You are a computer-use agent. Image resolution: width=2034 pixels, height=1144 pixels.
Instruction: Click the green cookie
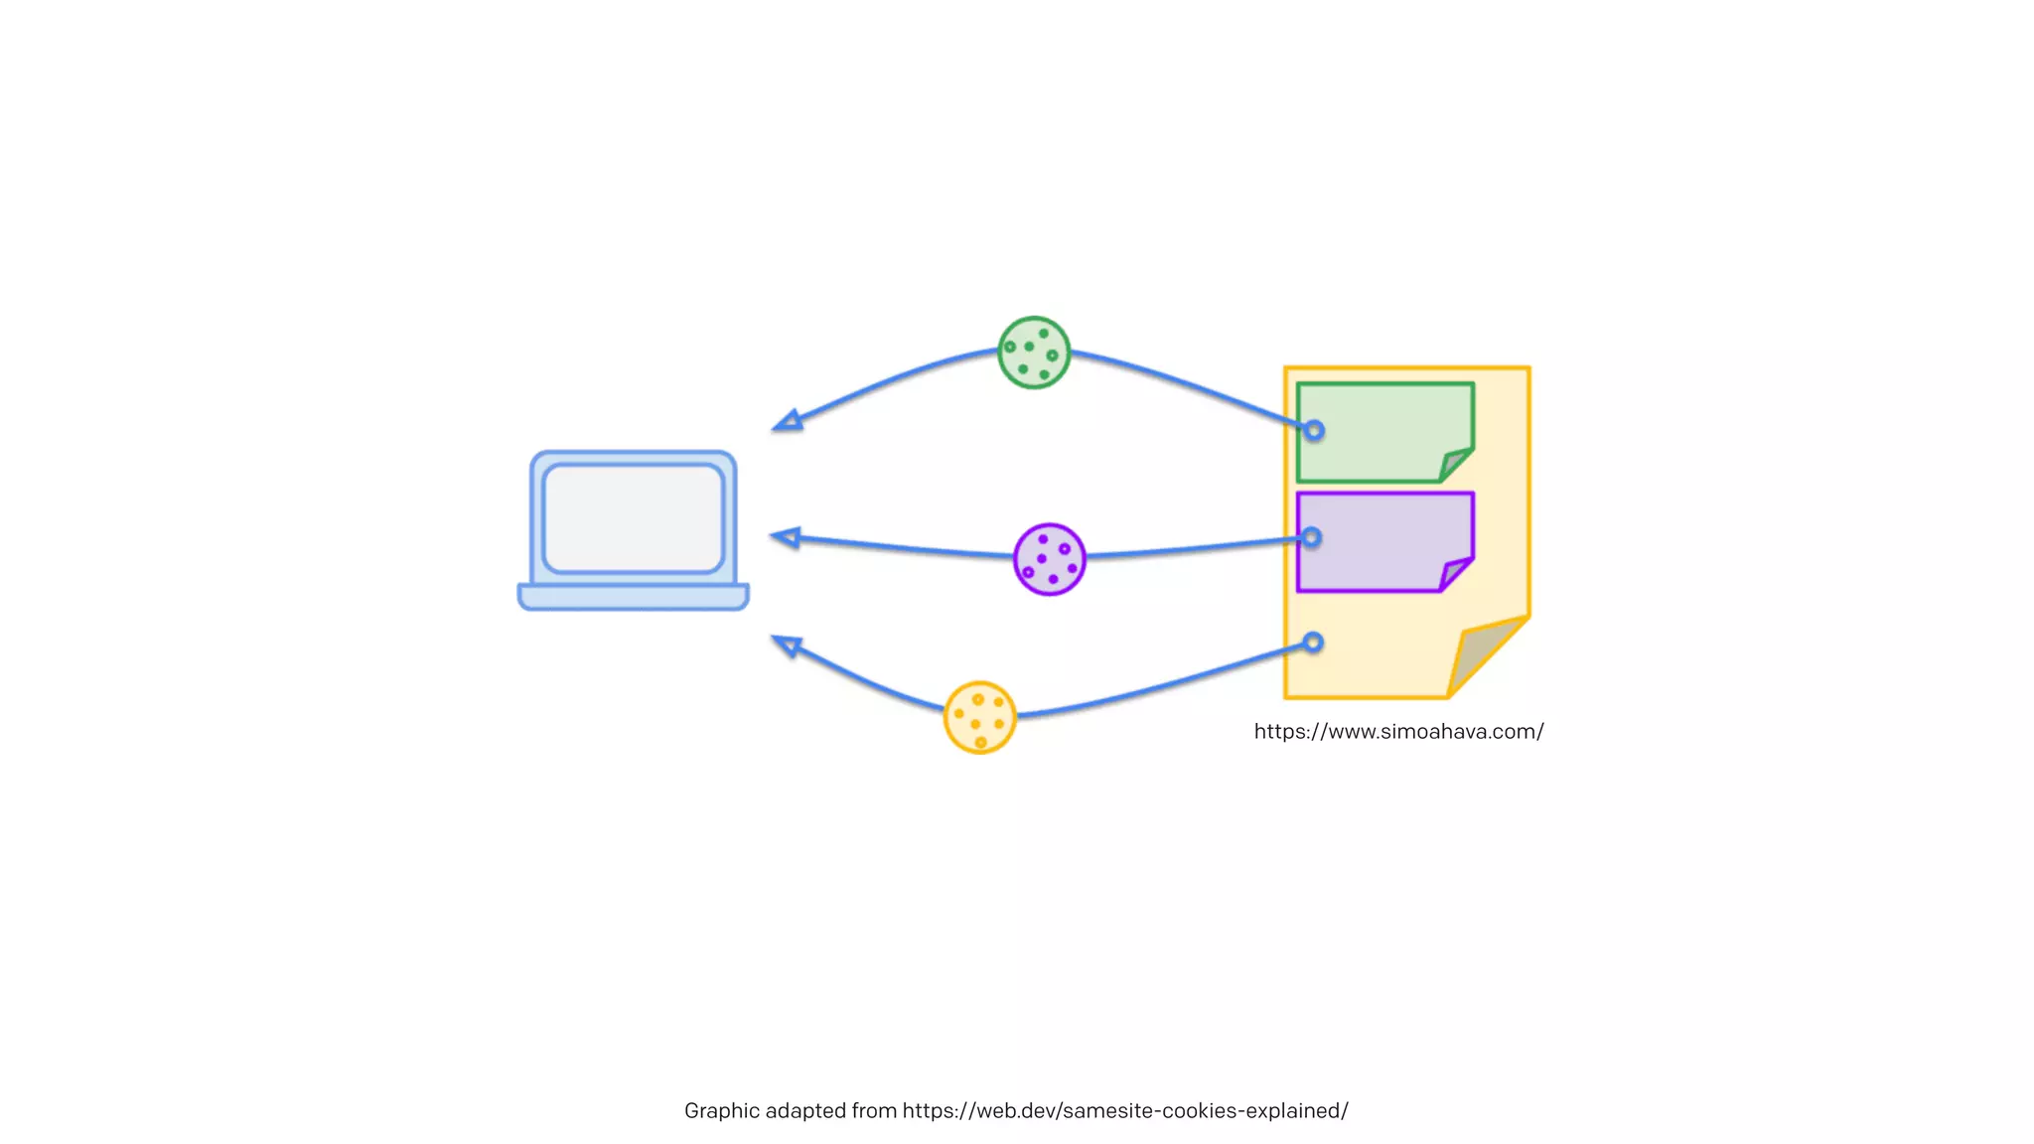tap(1034, 353)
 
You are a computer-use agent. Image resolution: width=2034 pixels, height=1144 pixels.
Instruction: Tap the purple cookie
tap(1049, 559)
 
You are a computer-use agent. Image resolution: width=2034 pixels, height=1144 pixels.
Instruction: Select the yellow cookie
tap(979, 717)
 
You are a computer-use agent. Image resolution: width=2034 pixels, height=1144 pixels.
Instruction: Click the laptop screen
tap(634, 517)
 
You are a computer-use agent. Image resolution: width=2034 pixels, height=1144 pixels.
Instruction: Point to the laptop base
tap(634, 597)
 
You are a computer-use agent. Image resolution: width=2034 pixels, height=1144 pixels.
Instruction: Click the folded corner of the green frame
tap(1455, 465)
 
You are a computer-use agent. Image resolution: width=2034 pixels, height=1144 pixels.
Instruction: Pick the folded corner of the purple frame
tap(1455, 574)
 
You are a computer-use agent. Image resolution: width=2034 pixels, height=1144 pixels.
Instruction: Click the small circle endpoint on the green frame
tap(1314, 431)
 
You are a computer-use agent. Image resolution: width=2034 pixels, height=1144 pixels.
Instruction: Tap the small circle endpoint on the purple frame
tap(1312, 537)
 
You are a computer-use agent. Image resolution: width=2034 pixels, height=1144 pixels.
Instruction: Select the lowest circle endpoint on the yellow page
tap(1313, 643)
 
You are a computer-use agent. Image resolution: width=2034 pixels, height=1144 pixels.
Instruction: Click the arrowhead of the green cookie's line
tap(788, 422)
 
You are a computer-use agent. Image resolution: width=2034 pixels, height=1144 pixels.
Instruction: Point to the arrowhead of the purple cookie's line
tap(786, 538)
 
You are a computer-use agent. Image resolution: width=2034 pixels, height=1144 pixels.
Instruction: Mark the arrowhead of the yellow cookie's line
tap(787, 646)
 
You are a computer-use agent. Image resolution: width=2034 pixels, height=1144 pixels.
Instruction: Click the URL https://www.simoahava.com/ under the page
tap(1398, 732)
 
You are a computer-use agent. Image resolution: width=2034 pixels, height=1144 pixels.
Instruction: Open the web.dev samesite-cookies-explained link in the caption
tap(1124, 1111)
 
